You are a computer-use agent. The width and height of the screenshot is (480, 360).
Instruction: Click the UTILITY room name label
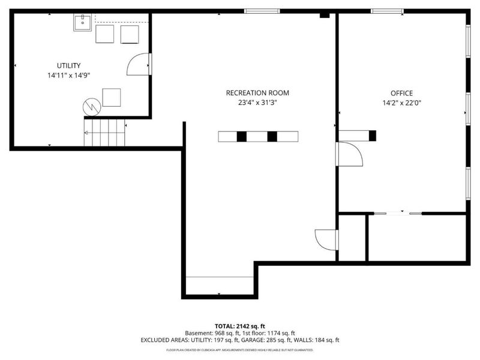pos(69,65)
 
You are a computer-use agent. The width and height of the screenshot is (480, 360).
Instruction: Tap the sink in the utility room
pos(82,23)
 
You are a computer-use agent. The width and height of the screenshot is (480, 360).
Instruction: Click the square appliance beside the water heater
pos(111,97)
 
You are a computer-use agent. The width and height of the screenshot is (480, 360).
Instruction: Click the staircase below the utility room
pos(104,133)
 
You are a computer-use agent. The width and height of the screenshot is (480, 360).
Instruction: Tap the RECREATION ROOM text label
pos(257,92)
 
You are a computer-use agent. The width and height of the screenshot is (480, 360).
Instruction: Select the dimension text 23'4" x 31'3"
pos(257,103)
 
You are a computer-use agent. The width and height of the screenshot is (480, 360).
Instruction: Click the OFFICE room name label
pos(401,93)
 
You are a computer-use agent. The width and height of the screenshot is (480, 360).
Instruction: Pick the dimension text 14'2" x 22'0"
pos(401,103)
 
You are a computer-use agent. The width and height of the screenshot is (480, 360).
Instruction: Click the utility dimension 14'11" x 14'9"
pos(69,76)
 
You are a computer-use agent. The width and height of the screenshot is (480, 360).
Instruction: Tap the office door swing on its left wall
pos(350,154)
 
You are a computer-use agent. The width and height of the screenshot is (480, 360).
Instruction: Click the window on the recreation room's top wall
pos(262,11)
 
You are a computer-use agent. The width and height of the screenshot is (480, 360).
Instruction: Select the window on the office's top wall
pos(387,11)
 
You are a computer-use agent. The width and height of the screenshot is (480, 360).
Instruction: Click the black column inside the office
pos(372,136)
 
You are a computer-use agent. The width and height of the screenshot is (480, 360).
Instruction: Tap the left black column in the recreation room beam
pos(241,136)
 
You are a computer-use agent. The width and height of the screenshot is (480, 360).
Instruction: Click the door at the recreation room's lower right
pos(327,240)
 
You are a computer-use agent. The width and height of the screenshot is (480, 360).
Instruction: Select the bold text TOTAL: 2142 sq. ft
pos(239,325)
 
